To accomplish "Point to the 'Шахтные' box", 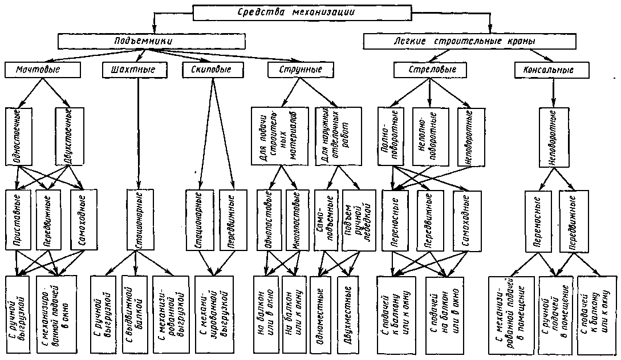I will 136,70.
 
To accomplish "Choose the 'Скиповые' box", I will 211,70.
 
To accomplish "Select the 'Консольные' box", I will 552,70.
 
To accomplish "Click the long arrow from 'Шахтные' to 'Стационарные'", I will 138,131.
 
